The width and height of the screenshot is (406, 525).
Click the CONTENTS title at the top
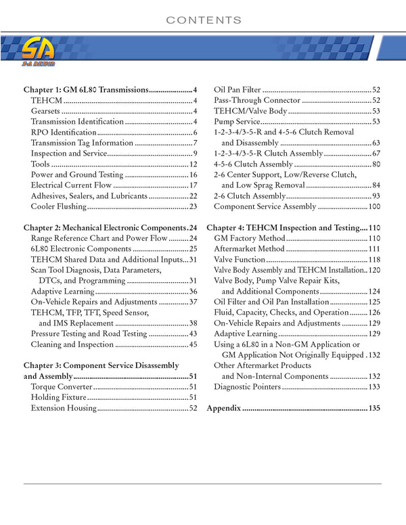click(x=203, y=20)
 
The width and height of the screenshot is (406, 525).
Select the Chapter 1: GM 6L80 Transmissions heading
click(x=86, y=90)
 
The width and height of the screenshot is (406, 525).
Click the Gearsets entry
click(x=45, y=112)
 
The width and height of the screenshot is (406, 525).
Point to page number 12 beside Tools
click(x=193, y=164)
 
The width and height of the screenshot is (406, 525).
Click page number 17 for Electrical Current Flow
click(x=193, y=185)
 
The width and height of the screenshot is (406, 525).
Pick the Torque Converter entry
click(x=61, y=387)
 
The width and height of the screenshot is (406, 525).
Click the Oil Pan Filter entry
click(x=238, y=90)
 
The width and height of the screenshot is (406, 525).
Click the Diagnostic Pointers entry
click(x=247, y=387)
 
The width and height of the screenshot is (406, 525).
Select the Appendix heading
click(x=224, y=409)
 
